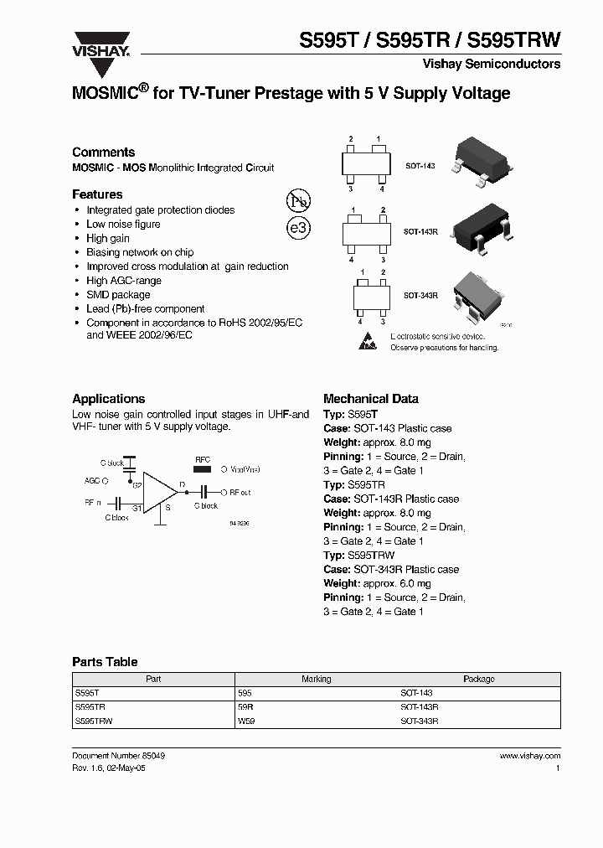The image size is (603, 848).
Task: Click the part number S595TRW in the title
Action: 513,39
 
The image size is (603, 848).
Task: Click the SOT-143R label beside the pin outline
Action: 420,230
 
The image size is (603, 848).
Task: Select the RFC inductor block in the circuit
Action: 203,470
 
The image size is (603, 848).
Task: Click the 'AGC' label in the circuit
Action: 94,481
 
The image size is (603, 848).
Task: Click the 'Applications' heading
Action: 108,399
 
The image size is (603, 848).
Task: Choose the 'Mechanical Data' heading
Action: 370,399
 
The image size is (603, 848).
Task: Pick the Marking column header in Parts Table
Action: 316,679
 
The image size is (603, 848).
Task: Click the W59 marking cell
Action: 246,720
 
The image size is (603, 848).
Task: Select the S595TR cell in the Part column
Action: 89,706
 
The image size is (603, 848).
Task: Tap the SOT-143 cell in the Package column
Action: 416,693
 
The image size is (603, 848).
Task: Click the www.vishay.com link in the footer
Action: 529,755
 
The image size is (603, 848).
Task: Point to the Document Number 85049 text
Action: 118,755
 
